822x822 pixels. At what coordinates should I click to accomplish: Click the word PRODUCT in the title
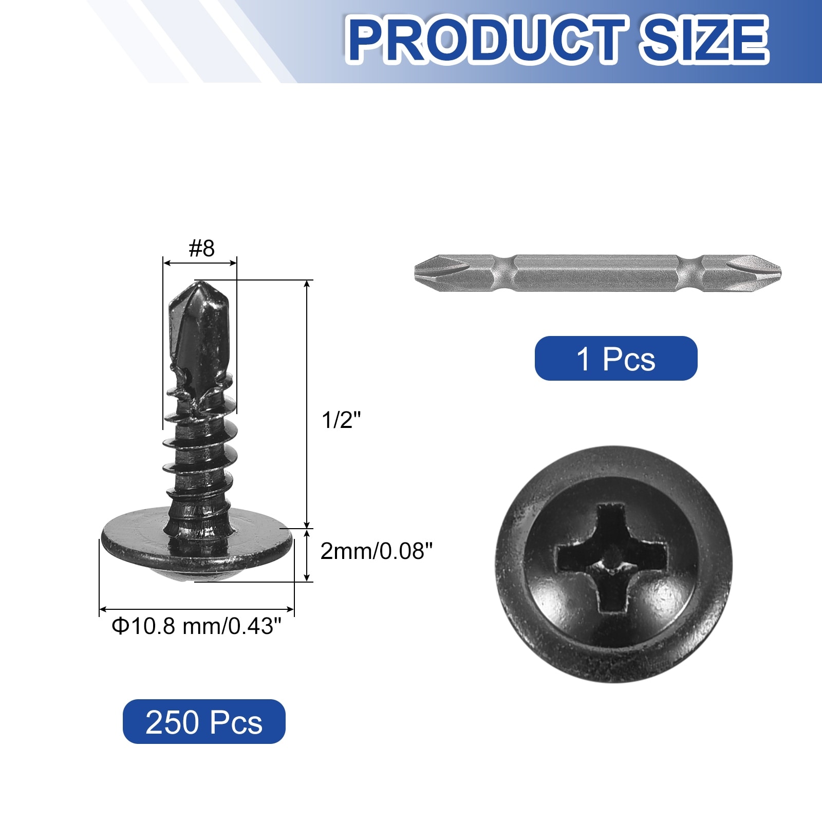click(x=487, y=40)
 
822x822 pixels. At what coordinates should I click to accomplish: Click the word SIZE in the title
click(x=704, y=40)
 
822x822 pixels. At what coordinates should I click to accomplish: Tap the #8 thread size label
click(x=201, y=249)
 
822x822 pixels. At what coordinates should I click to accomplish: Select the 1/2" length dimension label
click(x=342, y=420)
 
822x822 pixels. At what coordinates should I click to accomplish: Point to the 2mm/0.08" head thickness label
click(x=377, y=551)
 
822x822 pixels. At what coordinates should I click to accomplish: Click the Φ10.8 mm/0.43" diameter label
click(x=197, y=626)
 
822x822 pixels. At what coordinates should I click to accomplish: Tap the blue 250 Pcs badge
click(x=204, y=721)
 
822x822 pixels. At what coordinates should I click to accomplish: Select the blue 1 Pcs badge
click(x=616, y=359)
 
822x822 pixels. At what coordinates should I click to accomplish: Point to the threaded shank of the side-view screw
click(x=198, y=462)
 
